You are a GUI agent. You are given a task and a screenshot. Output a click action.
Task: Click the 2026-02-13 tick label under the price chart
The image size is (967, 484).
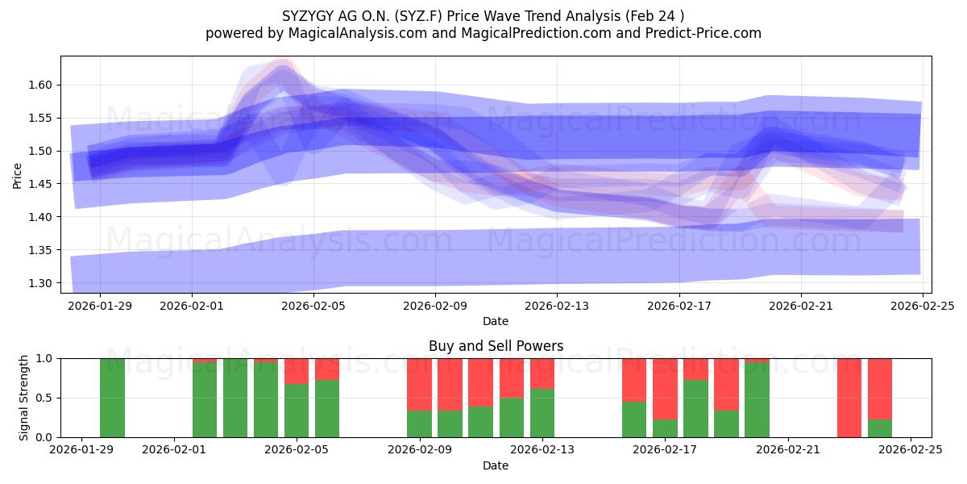point(556,306)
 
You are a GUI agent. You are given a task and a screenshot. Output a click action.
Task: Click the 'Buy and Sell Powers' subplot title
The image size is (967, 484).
point(496,346)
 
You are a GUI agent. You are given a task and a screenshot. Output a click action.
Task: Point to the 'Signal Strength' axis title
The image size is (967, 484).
point(24,398)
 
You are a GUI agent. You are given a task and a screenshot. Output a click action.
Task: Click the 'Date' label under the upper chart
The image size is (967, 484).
point(496,321)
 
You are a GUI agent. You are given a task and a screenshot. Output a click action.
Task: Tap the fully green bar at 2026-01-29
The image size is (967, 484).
point(112,398)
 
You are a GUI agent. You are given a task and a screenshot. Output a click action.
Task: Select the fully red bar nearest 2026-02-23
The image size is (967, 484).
point(849,398)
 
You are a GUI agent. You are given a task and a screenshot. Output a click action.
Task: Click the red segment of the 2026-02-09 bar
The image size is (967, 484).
point(419,384)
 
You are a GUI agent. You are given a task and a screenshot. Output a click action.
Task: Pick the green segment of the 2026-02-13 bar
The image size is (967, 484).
point(542,413)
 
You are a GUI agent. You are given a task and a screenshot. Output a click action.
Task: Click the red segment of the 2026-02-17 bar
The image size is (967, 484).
point(665,389)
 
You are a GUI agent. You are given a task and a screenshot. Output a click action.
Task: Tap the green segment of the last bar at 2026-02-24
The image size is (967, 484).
point(879,428)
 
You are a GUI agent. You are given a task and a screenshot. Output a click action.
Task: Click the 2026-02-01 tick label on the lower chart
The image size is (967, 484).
point(175,450)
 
